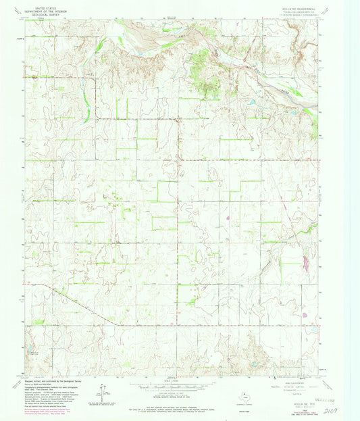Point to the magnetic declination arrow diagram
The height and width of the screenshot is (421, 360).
tap(99, 390)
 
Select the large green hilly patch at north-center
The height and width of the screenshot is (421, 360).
tap(199, 71)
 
